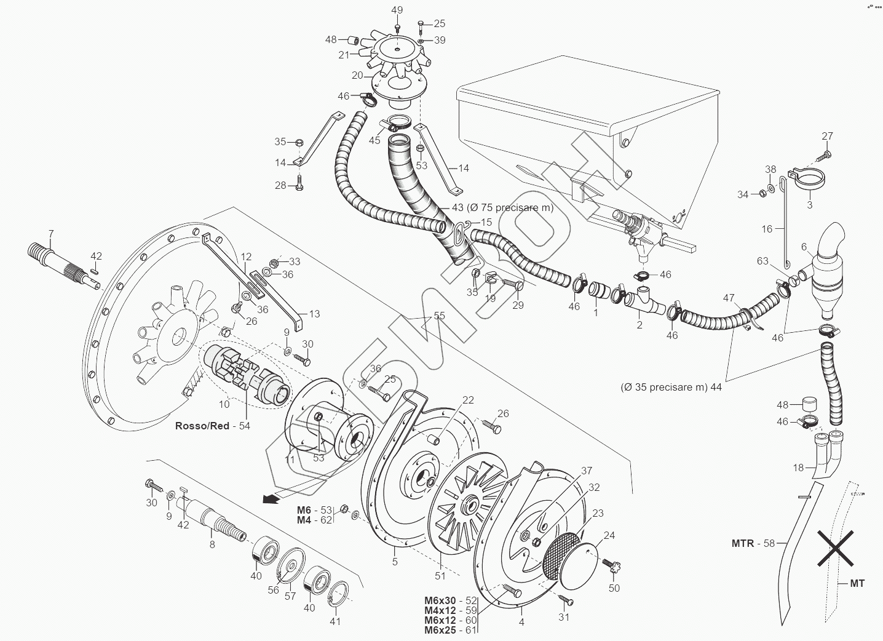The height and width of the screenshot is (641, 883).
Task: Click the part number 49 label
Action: pos(397,10)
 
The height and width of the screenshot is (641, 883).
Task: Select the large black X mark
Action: pos(835,548)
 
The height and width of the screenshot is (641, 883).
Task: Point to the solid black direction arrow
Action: pos(271,499)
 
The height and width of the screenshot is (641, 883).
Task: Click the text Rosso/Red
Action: pos(202,426)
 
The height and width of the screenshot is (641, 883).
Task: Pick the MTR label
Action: pos(743,543)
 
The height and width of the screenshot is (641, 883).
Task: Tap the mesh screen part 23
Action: pos(561,556)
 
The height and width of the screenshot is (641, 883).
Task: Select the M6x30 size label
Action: pos(440,600)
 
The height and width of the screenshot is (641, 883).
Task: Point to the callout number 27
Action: pos(828,136)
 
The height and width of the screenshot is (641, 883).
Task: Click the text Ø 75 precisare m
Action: pos(509,207)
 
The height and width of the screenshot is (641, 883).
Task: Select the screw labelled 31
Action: pos(566,600)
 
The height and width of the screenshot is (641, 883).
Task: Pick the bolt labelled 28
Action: pos(299,184)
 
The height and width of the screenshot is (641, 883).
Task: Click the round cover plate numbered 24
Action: pos(579,566)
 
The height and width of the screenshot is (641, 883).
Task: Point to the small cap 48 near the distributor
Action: pos(353,40)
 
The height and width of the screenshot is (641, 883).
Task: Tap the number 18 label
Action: pos(798,468)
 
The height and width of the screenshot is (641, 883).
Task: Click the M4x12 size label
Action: pos(440,610)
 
